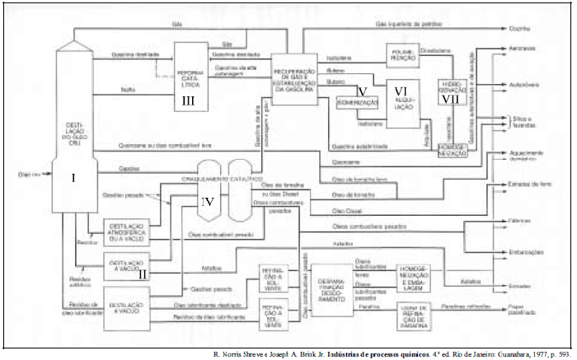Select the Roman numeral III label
point(189,101)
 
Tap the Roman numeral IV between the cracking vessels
point(209,201)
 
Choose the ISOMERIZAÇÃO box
point(358,103)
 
